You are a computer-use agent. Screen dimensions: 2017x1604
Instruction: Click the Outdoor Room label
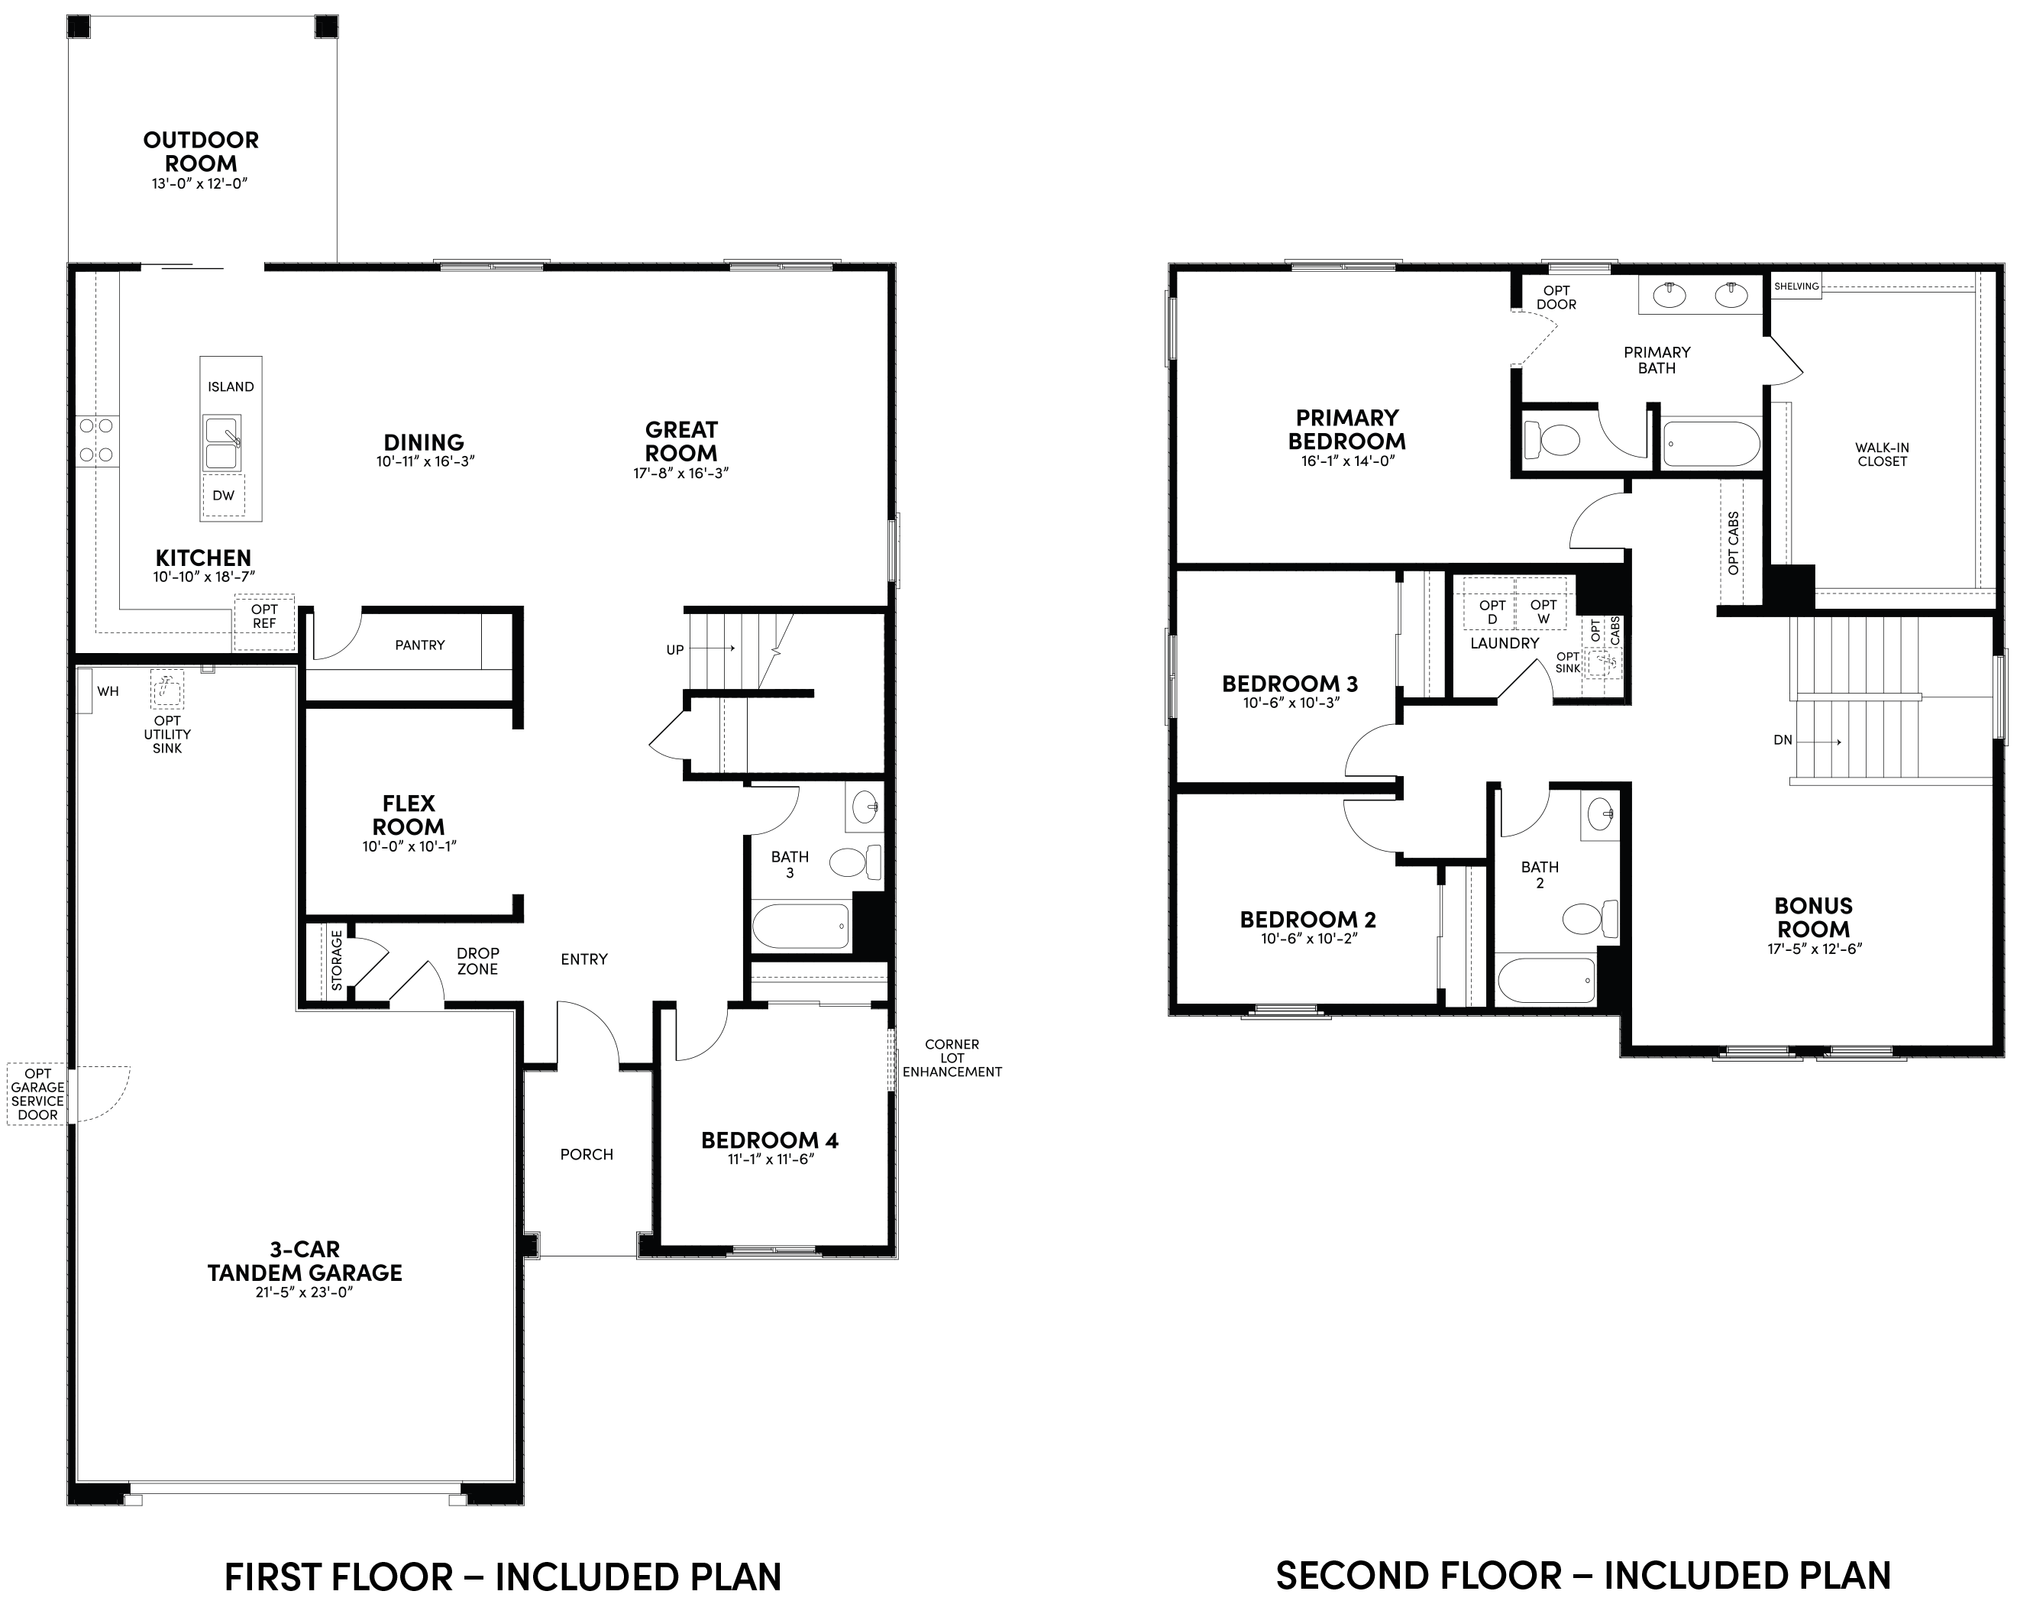pyautogui.click(x=201, y=151)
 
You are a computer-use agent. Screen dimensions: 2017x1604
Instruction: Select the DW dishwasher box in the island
pyautogui.click(x=224, y=495)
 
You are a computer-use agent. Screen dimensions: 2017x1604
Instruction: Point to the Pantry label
pyautogui.click(x=420, y=645)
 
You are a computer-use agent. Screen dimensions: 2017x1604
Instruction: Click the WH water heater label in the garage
pyautogui.click(x=108, y=691)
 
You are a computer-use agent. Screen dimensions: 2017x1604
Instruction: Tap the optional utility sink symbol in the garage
pyautogui.click(x=167, y=690)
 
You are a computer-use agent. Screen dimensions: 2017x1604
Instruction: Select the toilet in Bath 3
pyautogui.click(x=855, y=860)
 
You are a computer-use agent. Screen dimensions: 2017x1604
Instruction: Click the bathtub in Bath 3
pyautogui.click(x=801, y=926)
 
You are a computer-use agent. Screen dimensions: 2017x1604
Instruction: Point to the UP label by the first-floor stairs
pyautogui.click(x=675, y=649)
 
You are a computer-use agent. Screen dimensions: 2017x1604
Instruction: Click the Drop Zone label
pyautogui.click(x=477, y=961)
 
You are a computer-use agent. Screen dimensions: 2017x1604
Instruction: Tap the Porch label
pyautogui.click(x=587, y=1155)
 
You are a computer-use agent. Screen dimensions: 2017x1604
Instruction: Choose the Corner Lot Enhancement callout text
pyautogui.click(x=952, y=1059)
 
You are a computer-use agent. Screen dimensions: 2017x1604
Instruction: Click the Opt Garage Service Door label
pyautogui.click(x=38, y=1094)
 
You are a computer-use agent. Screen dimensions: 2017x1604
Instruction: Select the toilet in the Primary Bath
pyautogui.click(x=1551, y=439)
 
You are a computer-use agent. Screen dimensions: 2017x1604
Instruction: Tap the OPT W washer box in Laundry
pyautogui.click(x=1543, y=612)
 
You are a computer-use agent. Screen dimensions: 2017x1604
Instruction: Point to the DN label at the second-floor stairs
pyautogui.click(x=1783, y=740)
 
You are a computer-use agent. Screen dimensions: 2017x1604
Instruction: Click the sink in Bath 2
pyautogui.click(x=1600, y=813)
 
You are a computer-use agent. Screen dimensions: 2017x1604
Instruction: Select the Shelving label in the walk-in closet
pyautogui.click(x=1797, y=286)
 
